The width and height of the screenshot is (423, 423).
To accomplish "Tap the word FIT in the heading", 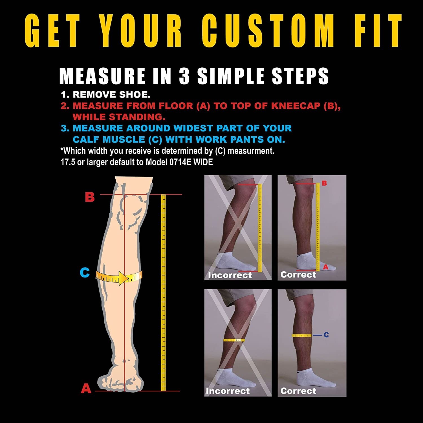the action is click(x=378, y=30).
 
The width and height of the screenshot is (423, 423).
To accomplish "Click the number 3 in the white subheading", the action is click(x=184, y=76).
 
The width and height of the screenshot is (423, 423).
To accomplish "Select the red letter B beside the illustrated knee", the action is click(x=90, y=197).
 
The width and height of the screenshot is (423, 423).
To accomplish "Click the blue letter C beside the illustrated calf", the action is click(x=85, y=273).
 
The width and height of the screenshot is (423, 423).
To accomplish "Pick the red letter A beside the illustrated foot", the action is click(x=86, y=388).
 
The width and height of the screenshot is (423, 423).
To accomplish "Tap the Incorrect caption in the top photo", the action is click(x=230, y=275).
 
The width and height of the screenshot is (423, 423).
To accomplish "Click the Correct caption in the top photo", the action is click(x=298, y=274).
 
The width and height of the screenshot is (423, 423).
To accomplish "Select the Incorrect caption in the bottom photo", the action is click(x=228, y=391).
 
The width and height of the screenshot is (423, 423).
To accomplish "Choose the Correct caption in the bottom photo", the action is click(x=298, y=391).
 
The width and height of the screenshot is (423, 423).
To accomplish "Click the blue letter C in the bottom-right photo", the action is click(x=326, y=335).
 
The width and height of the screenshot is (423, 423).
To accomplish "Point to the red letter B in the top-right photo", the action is click(x=324, y=183).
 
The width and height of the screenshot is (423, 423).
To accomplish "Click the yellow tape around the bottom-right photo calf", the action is click(x=301, y=336).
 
